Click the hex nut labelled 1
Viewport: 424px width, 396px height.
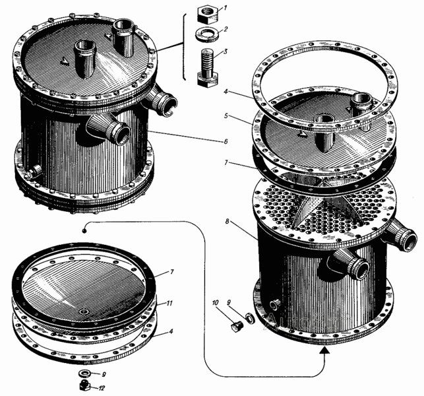(x=208, y=15)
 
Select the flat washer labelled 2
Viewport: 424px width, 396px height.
(x=207, y=34)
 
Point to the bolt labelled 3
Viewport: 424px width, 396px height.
(x=208, y=68)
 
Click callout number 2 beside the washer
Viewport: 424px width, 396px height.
(x=226, y=28)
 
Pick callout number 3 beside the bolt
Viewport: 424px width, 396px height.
(x=226, y=51)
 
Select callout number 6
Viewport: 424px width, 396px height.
(x=226, y=141)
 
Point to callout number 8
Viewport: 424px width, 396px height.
(x=227, y=221)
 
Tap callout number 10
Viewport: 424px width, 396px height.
(x=216, y=302)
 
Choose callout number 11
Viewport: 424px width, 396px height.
(x=169, y=304)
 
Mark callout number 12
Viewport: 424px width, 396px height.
(x=101, y=388)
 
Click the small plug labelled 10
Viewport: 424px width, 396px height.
(x=237, y=327)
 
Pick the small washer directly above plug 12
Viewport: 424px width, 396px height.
(x=85, y=374)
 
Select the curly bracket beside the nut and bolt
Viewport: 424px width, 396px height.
(x=184, y=46)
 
